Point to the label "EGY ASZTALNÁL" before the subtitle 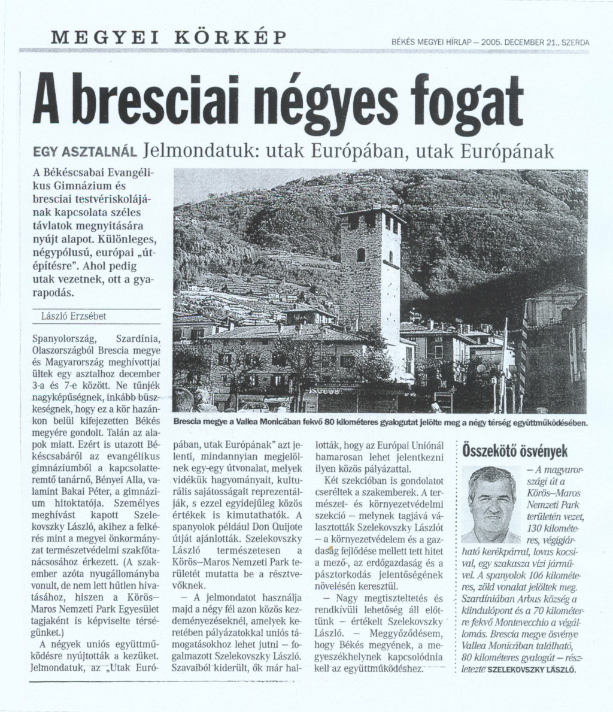point(86,152)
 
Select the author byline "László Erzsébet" point(66,316)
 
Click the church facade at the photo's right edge point(554,335)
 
